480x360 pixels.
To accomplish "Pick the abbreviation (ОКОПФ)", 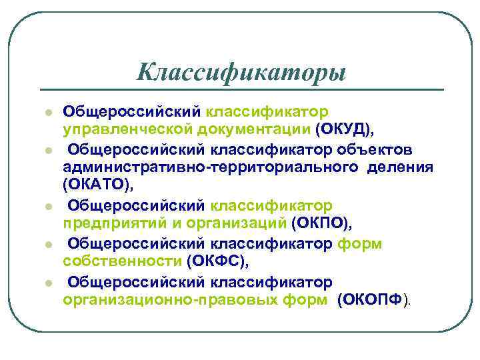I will coord(371,300).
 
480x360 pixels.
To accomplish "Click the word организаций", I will coord(233,221).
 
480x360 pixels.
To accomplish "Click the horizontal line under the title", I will coord(241,89).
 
